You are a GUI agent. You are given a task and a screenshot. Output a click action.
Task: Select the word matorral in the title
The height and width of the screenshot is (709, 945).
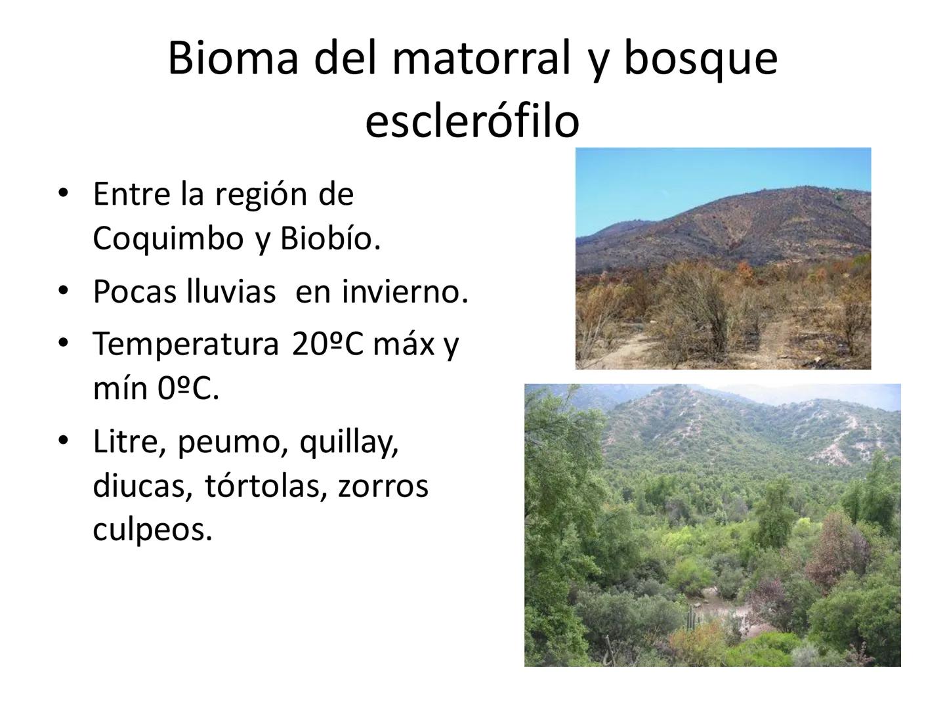pos(482,58)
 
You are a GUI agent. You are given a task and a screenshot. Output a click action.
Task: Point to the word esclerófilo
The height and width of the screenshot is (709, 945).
pos(472,121)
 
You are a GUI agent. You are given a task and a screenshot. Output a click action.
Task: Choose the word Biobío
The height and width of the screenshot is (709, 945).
pos(330,239)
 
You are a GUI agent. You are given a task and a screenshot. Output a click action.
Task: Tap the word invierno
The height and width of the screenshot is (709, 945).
pos(404,292)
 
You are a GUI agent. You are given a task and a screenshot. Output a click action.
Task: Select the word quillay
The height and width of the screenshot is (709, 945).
pos(349,444)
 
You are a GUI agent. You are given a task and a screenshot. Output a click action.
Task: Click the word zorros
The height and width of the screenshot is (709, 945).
pos(383,486)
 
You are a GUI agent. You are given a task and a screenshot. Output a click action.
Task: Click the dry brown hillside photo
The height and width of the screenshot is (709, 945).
pos(723,259)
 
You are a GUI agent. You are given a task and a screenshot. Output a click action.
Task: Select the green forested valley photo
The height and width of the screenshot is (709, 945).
pos(712,525)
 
